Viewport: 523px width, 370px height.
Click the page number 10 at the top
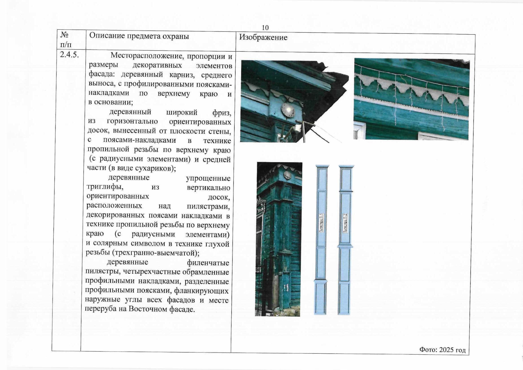click(265, 28)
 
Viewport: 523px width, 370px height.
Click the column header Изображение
click(263, 38)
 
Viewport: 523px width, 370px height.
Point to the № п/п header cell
click(66, 40)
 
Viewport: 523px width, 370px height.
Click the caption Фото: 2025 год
click(442, 350)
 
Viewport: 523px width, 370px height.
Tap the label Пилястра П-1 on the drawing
click(321, 223)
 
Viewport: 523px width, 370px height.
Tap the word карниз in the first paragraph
click(183, 75)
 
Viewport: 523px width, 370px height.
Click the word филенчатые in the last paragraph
click(208, 263)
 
